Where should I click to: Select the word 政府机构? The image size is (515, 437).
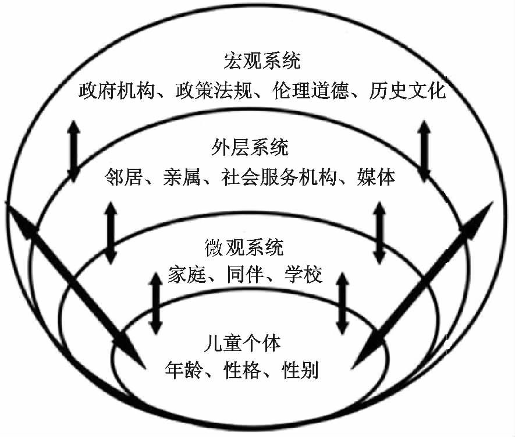click(x=118, y=91)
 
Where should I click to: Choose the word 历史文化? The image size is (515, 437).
click(x=406, y=91)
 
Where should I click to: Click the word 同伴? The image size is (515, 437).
click(x=246, y=274)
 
